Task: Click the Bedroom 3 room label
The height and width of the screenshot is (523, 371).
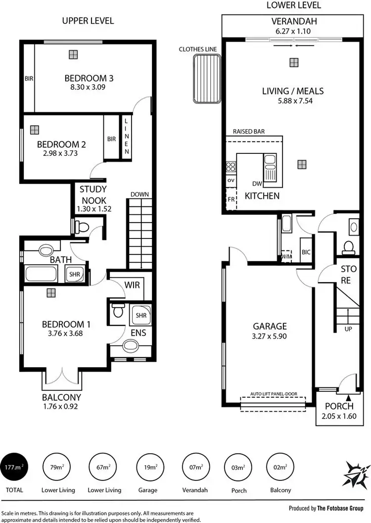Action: tap(89, 78)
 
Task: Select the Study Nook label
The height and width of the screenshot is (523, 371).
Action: tap(93, 194)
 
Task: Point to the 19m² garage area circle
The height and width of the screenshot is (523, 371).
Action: tap(148, 467)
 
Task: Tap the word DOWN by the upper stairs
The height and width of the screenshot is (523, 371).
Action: tap(140, 194)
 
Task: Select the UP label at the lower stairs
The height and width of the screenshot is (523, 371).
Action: tap(348, 328)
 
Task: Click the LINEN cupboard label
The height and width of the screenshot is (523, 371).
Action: tap(127, 136)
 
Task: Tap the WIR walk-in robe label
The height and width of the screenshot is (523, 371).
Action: tap(132, 285)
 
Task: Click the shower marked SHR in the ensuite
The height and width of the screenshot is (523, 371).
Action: tap(140, 314)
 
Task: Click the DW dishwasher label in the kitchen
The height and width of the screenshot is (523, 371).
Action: tap(256, 184)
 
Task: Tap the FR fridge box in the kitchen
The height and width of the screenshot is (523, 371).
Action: tap(231, 200)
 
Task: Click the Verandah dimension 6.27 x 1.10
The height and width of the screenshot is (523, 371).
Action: tap(294, 31)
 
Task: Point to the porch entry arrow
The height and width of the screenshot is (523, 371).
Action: tap(349, 397)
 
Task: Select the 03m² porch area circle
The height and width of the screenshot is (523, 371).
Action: tap(238, 467)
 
